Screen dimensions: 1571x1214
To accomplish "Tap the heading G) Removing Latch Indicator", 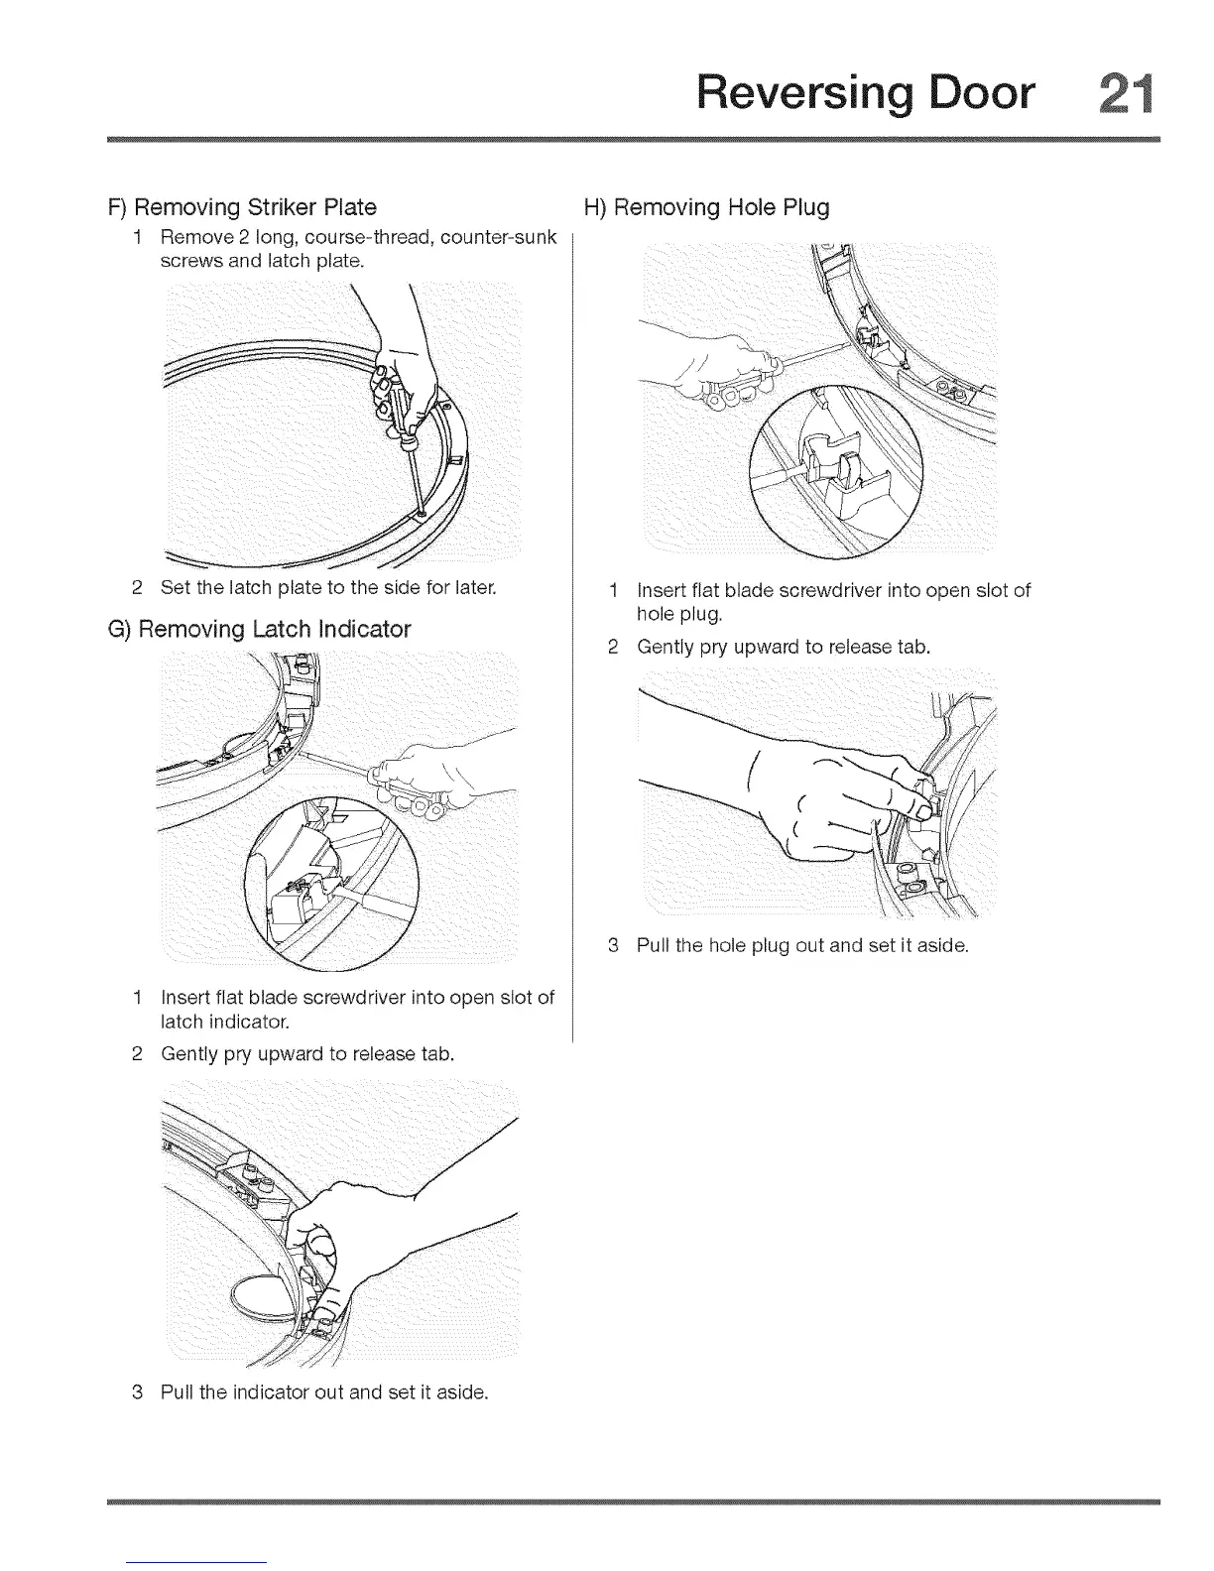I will click(x=259, y=629).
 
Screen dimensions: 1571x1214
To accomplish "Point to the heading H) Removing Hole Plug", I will click(x=707, y=207).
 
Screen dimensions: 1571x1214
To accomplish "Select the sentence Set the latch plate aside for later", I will click(x=328, y=587).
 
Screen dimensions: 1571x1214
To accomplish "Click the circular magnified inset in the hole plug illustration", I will click(x=836, y=470).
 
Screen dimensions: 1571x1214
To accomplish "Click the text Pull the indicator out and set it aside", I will click(x=324, y=1391).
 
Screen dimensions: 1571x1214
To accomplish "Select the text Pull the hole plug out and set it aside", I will click(x=801, y=945).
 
